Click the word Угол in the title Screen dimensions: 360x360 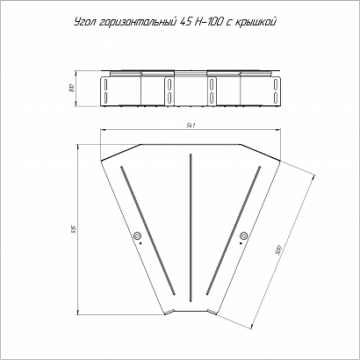pos(86,22)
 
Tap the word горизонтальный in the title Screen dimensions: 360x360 pos(137,23)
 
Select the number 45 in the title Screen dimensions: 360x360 pos(184,22)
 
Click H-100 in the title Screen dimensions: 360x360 pos(208,22)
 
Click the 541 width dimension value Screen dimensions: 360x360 pos(191,126)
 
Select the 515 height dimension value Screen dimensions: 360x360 pos(75,229)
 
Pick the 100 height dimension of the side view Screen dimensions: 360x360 pos(72,88)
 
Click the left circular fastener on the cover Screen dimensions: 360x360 pos(137,235)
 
